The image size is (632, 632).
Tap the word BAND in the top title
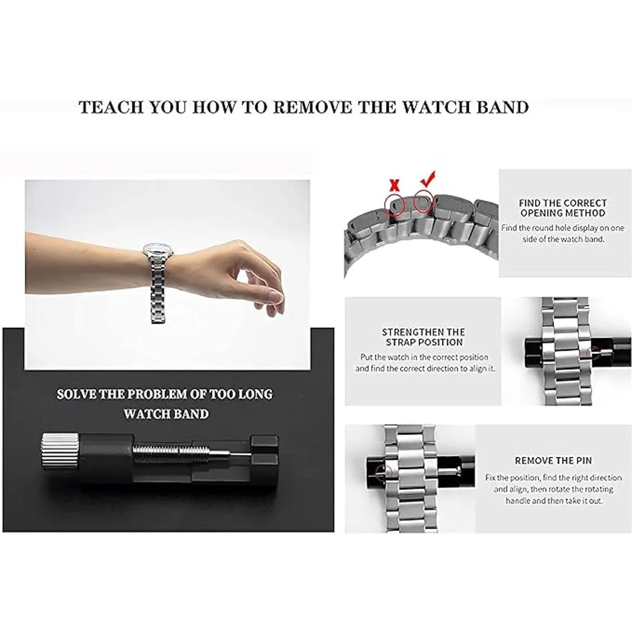[x=502, y=107]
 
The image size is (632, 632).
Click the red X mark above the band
[x=394, y=186]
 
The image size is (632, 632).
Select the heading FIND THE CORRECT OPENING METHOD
[x=563, y=208]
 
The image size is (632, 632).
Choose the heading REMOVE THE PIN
[x=554, y=461]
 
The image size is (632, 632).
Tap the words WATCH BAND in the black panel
[x=166, y=414]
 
